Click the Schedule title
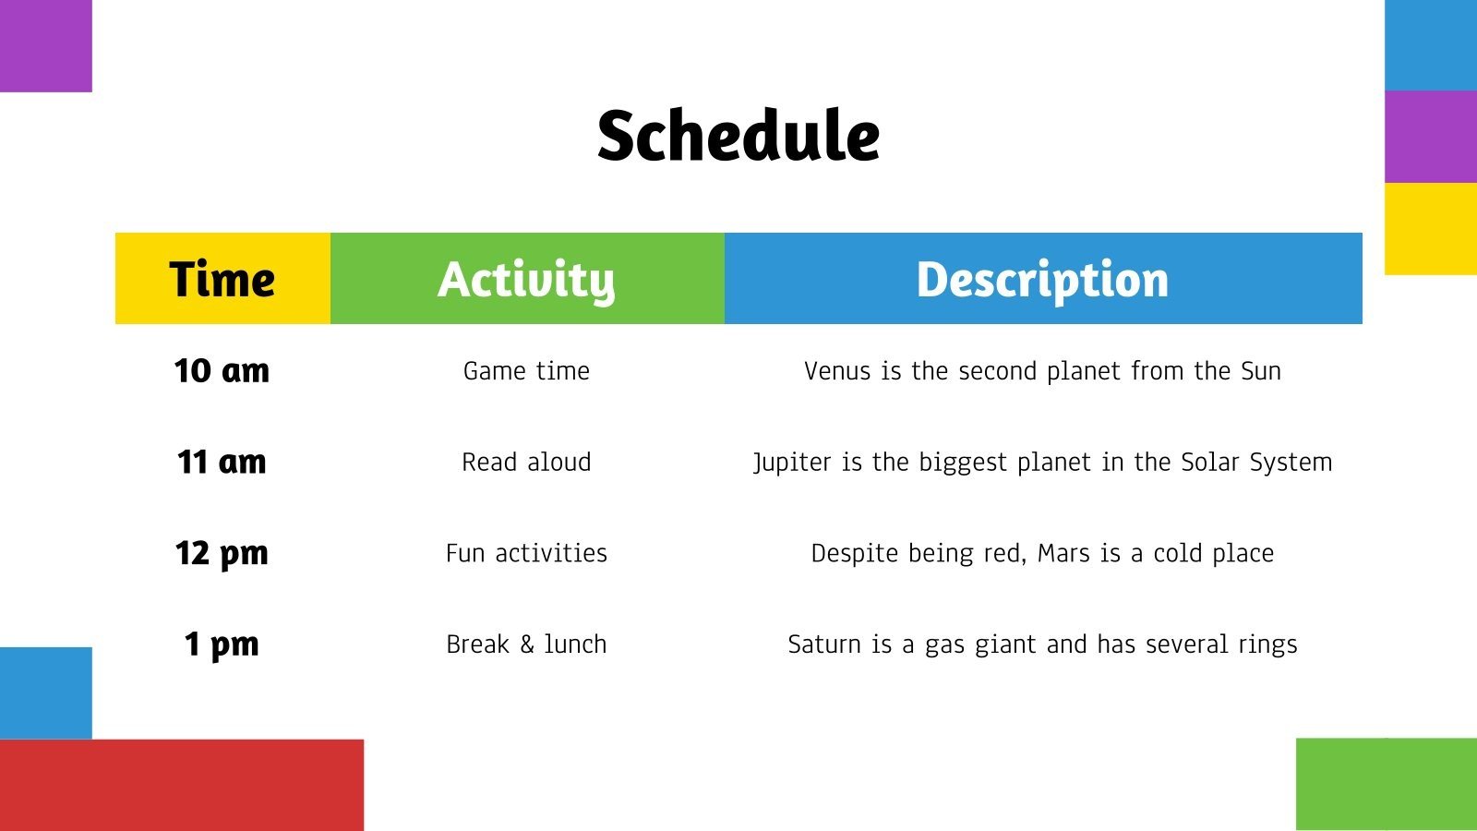tap(738, 136)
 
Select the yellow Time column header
tap(222, 279)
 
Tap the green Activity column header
tap(526, 279)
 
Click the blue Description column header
tap(1042, 279)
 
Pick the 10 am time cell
tap(222, 370)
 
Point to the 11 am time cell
tap(222, 461)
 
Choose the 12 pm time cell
tap(222, 552)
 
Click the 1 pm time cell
tap(222, 644)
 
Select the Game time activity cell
tap(526, 370)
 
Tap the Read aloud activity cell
tap(526, 462)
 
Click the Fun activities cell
tap(526, 552)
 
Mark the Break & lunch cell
tap(526, 644)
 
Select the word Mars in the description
tap(1063, 553)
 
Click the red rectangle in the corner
tap(181, 784)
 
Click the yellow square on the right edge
tap(1430, 228)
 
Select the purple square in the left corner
tap(45, 45)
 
